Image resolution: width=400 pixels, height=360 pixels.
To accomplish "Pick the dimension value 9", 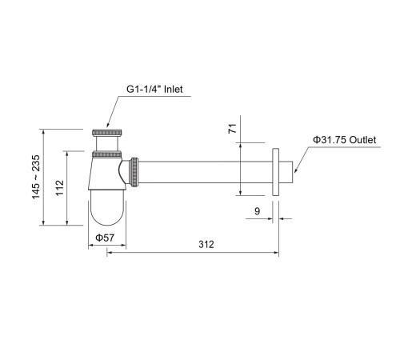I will coord(256,211).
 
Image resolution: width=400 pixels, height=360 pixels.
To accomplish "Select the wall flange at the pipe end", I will coord(276,172).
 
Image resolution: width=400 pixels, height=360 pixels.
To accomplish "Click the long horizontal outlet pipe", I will coord(208,172).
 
